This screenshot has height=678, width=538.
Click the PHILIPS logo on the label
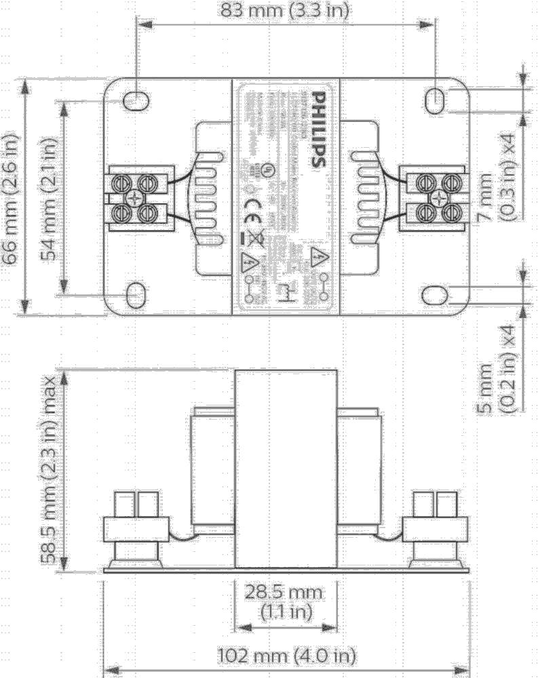click(317, 132)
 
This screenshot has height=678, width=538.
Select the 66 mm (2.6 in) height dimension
click(12, 197)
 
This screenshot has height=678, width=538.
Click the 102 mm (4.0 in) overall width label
click(286, 656)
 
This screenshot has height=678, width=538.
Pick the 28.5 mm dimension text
click(285, 592)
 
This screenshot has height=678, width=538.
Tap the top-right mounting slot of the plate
click(436, 100)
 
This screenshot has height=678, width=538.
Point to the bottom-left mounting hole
click(136, 296)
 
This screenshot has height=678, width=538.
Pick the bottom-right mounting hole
click(435, 295)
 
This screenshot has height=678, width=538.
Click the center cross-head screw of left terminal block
click(136, 197)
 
